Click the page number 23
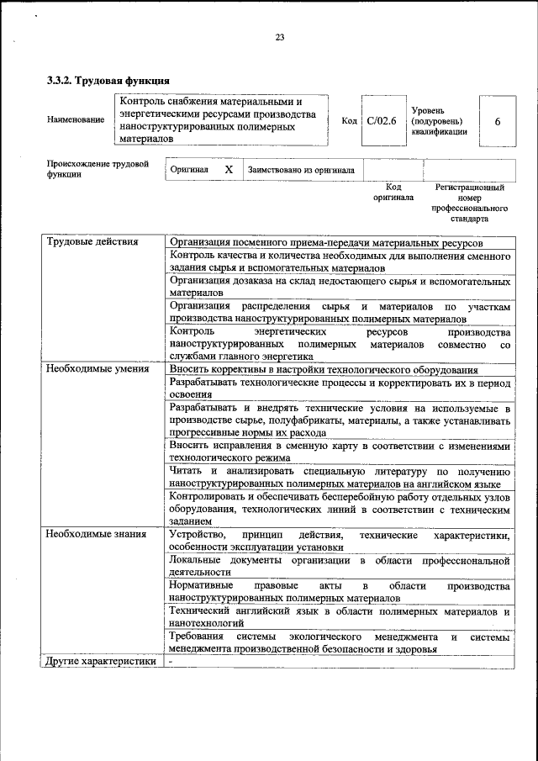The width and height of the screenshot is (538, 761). pyautogui.click(x=279, y=36)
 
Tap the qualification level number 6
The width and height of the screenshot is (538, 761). pyautogui.click(x=498, y=121)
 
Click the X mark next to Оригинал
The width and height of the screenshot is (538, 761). pyautogui.click(x=228, y=169)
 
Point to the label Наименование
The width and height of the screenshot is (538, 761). pyautogui.click(x=76, y=120)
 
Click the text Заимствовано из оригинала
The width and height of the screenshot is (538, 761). pyautogui.click(x=301, y=170)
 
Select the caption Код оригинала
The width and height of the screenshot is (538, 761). pyautogui.click(x=393, y=192)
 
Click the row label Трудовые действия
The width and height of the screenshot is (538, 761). pyautogui.click(x=92, y=243)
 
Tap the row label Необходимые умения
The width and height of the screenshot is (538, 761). pyautogui.click(x=98, y=368)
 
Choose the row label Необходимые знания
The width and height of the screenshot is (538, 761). pyautogui.click(x=97, y=534)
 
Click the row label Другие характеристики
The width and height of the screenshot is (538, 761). pyautogui.click(x=102, y=661)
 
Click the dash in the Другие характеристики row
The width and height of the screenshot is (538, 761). pyautogui.click(x=171, y=661)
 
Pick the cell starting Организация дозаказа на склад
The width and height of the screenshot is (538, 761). pyautogui.click(x=339, y=287)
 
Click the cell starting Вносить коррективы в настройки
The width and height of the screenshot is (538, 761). pyautogui.click(x=324, y=368)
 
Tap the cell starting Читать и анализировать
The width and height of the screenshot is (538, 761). pyautogui.click(x=339, y=477)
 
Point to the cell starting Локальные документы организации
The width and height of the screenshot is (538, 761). pyautogui.click(x=339, y=565)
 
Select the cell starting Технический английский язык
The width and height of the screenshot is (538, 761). pyautogui.click(x=339, y=617)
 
